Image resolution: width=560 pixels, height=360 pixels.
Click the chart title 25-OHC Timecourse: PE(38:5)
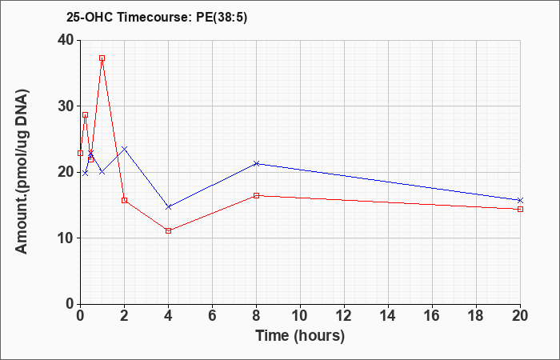157,18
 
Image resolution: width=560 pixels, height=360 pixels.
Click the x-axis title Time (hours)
300,336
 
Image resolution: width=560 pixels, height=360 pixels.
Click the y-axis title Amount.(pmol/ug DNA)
22,171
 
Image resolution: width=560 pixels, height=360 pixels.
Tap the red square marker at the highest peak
102,58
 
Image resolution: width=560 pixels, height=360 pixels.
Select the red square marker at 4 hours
169,230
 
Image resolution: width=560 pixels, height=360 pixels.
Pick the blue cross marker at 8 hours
257,163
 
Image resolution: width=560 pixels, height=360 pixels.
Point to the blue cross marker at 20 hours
520,200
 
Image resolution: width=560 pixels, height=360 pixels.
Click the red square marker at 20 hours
520,210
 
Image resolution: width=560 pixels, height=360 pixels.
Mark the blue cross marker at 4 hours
169,206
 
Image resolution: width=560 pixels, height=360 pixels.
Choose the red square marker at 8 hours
257,195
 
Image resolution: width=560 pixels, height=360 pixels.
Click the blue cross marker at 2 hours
124,149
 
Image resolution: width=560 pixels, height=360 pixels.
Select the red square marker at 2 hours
124,200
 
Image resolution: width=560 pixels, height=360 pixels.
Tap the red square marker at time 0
80,154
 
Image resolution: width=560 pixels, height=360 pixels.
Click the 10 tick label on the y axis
66,238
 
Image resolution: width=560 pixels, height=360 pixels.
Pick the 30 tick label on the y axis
66,106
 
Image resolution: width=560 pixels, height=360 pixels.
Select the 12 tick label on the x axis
344,316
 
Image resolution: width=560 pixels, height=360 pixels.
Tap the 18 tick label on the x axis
476,316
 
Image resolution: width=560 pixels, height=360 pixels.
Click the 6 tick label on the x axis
213,316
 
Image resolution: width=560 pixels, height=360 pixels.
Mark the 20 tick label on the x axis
520,316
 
